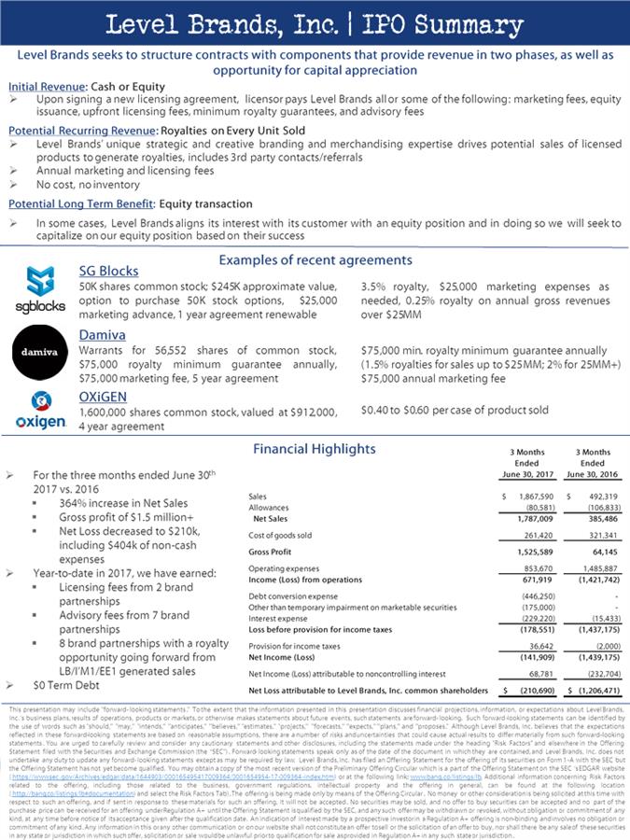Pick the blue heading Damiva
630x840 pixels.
point(103,333)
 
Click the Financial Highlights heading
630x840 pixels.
point(315,449)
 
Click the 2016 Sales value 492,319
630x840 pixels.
point(598,496)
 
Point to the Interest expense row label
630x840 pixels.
point(278,617)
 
